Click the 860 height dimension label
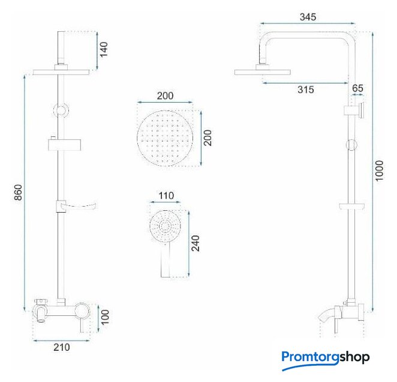click(18, 193)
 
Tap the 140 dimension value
click(104, 49)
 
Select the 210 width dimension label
click(62, 347)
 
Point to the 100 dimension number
click(105, 317)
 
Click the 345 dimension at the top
click(308, 17)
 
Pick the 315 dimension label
click(306, 89)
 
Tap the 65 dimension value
click(357, 88)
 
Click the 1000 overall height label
click(379, 171)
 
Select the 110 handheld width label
click(166, 196)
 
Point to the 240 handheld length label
click(196, 243)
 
